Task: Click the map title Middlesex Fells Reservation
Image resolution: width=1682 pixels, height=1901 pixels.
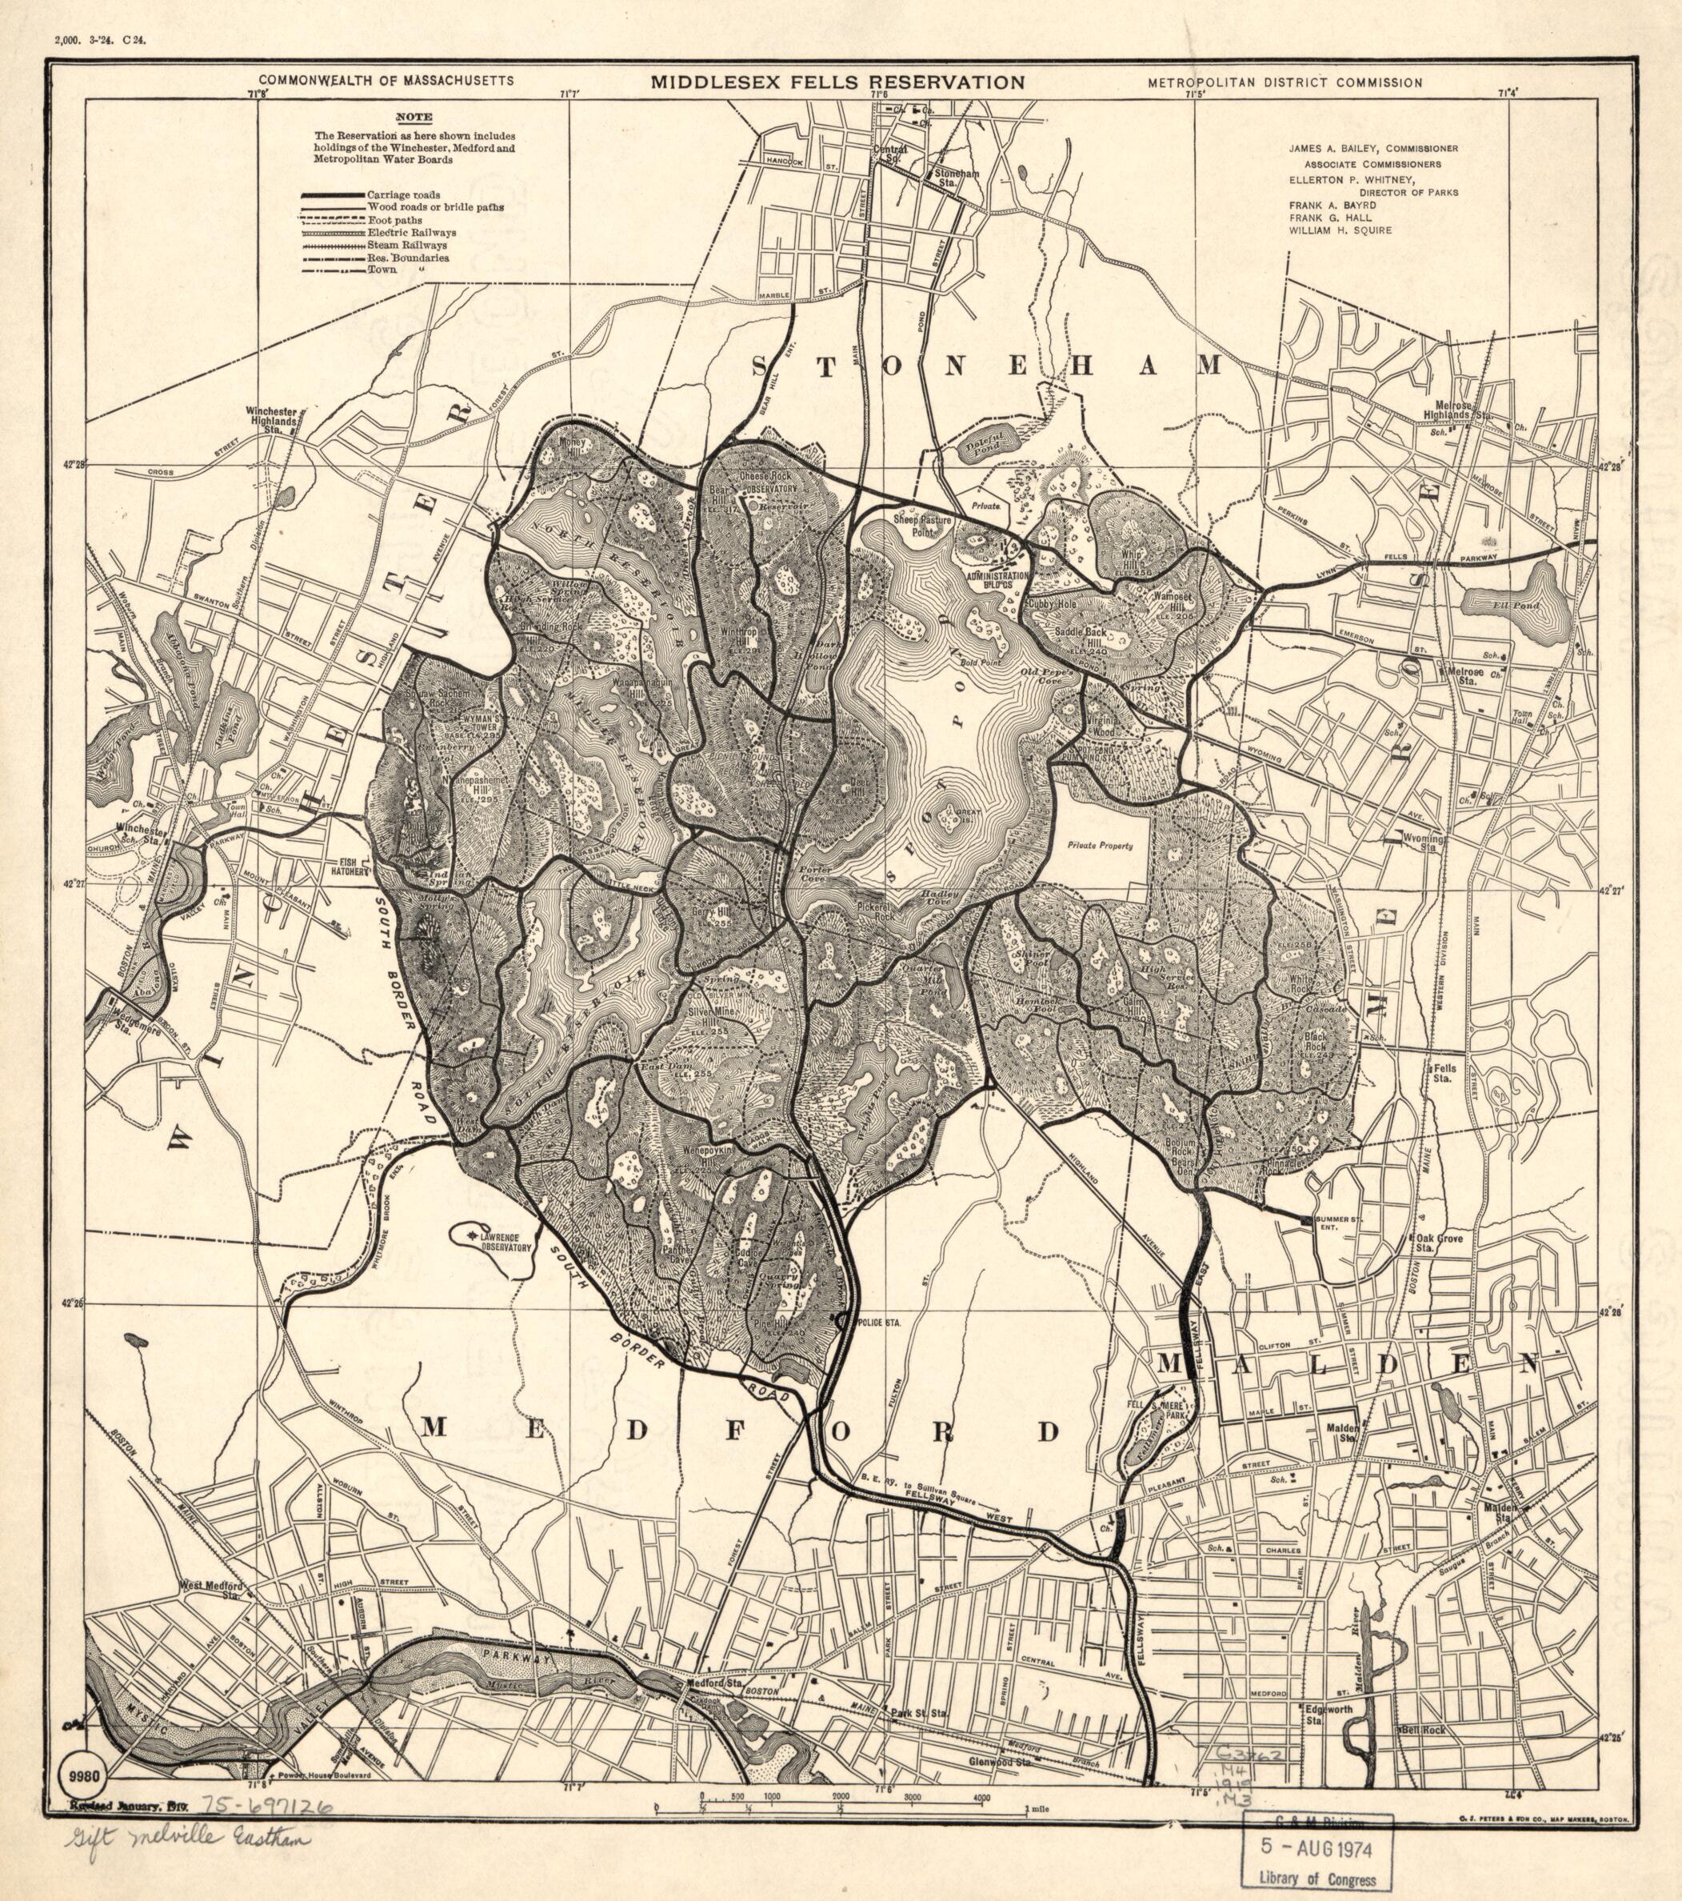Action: coord(837,82)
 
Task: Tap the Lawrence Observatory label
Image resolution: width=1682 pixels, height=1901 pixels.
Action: coord(505,1242)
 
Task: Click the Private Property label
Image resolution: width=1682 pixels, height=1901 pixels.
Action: coord(1100,846)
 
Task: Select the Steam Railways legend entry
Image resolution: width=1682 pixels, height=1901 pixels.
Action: coord(406,245)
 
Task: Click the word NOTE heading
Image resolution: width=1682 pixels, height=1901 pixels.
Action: coord(413,117)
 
